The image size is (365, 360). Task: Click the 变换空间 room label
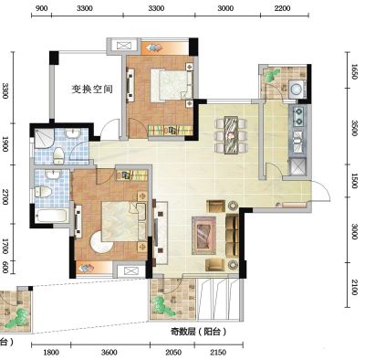coord(92,89)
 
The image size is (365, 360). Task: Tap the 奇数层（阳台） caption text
coord(199,332)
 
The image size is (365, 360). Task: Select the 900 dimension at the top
coord(42,8)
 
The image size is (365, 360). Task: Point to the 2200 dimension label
coord(282,8)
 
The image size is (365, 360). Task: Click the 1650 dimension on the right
coord(354,71)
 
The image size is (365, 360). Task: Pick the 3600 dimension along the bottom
coord(109,353)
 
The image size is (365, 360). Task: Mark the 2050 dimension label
coord(173,353)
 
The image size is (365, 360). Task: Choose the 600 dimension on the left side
coord(5,267)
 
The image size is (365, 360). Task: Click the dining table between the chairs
coord(231,134)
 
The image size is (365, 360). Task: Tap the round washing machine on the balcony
coord(296,89)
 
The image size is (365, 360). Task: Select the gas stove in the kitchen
coord(298,116)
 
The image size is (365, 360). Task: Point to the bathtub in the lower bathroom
coord(51,216)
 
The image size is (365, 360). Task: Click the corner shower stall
coord(44,139)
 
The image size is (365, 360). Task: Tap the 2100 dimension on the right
coord(354,287)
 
